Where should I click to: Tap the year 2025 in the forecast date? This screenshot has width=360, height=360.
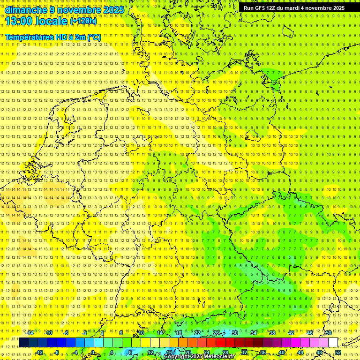point(113,10)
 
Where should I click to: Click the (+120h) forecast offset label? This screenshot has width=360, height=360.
point(83,21)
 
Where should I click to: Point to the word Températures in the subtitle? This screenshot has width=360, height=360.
point(28,37)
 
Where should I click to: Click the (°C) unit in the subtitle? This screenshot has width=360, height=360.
point(94,37)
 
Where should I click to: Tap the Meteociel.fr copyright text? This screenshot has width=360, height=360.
point(199,356)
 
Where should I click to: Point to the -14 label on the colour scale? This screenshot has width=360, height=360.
point(31,333)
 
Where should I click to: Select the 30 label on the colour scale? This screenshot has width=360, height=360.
point(234,333)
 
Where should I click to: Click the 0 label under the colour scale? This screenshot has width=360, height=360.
point(93,352)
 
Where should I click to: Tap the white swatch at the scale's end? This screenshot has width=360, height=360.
point(333,343)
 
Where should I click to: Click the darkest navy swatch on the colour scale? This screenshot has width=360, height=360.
point(23,343)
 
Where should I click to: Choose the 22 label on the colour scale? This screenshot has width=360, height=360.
point(197,333)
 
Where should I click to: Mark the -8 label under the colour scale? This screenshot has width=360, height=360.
point(57,352)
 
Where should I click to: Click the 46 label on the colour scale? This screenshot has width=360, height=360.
point(309,333)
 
